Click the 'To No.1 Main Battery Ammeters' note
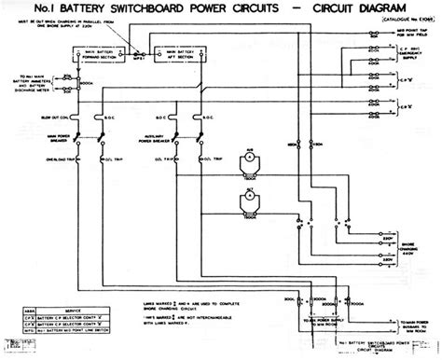tap(27, 85)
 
